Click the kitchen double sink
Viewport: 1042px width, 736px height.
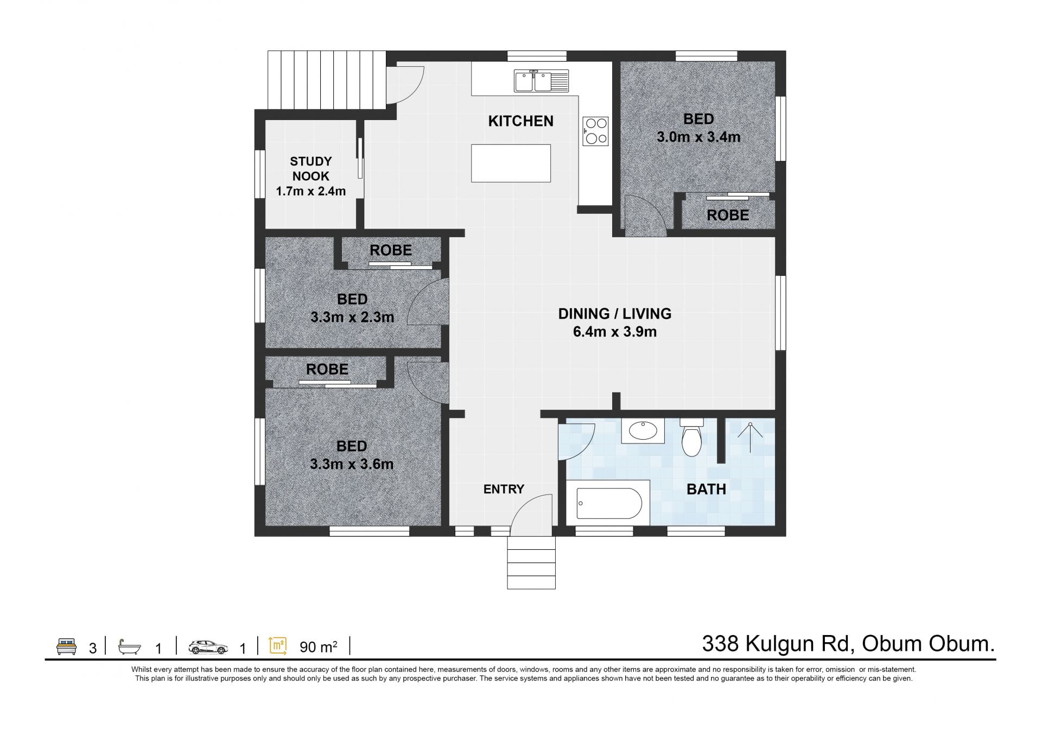point(541,81)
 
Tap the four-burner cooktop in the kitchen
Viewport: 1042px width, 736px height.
point(595,131)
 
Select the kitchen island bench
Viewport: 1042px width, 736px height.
point(511,163)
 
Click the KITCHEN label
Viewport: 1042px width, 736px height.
point(520,121)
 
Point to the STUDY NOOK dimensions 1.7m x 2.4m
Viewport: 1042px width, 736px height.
point(311,191)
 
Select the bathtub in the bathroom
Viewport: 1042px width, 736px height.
point(608,503)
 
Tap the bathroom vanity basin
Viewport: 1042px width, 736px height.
point(643,431)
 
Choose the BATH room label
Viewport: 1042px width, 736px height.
point(706,489)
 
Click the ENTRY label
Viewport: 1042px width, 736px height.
point(504,489)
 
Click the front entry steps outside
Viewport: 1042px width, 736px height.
point(531,562)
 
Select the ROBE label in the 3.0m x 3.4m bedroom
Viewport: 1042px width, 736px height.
point(728,215)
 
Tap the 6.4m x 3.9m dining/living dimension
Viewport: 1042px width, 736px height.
point(615,332)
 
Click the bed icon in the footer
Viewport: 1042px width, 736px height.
point(67,646)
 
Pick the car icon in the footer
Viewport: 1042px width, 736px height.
point(208,647)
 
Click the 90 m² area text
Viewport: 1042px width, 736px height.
point(319,647)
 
